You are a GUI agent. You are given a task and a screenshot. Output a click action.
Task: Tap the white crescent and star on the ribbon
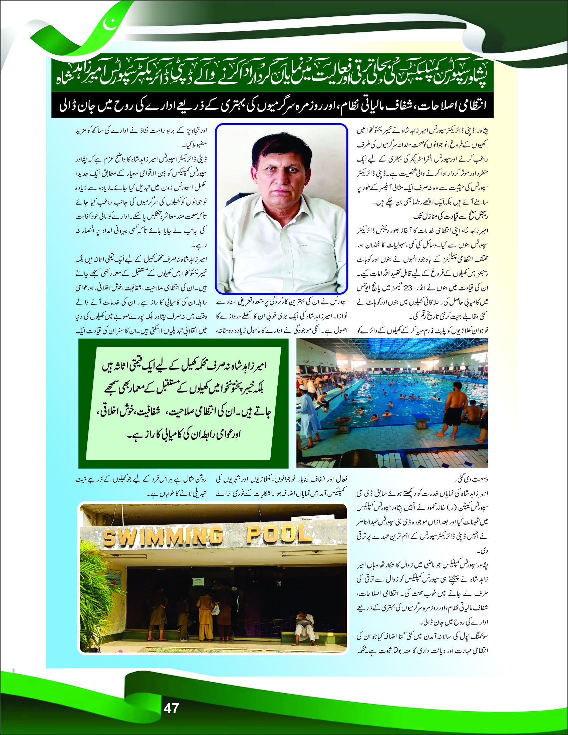(110, 24)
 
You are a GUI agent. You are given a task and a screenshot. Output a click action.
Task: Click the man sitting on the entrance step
(305, 627)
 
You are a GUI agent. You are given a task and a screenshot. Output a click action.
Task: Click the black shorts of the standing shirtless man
(452, 417)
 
